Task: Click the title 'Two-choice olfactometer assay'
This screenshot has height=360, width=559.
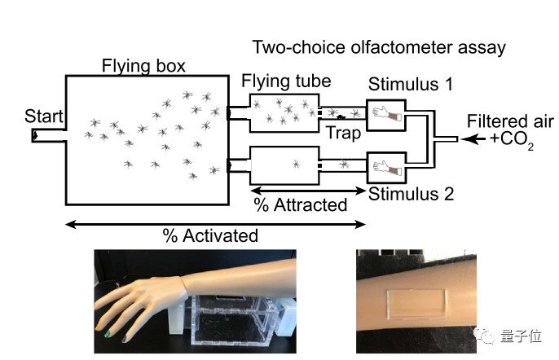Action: [x=378, y=47]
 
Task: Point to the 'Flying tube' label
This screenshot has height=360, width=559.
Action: [x=286, y=81]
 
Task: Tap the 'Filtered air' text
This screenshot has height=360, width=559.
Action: [x=510, y=121]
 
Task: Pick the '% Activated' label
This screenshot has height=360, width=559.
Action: [x=210, y=236]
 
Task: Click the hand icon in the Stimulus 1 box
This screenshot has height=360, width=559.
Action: [x=385, y=116]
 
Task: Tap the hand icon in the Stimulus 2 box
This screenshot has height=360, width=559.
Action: [x=385, y=168]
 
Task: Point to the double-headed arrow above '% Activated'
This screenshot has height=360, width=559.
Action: [x=215, y=222]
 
